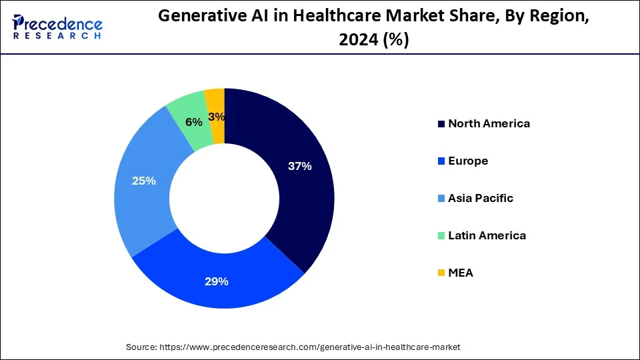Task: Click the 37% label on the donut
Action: [299, 167]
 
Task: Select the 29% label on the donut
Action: [217, 281]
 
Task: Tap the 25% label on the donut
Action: [144, 181]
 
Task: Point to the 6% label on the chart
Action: [194, 122]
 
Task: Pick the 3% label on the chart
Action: [217, 117]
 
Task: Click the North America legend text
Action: [489, 123]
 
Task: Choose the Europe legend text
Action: [468, 161]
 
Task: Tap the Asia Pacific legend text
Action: [481, 198]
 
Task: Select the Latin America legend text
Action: [487, 235]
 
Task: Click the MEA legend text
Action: [461, 273]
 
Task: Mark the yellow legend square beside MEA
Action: [441, 273]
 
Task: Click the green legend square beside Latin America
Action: [441, 236]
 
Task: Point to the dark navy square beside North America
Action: [441, 124]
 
